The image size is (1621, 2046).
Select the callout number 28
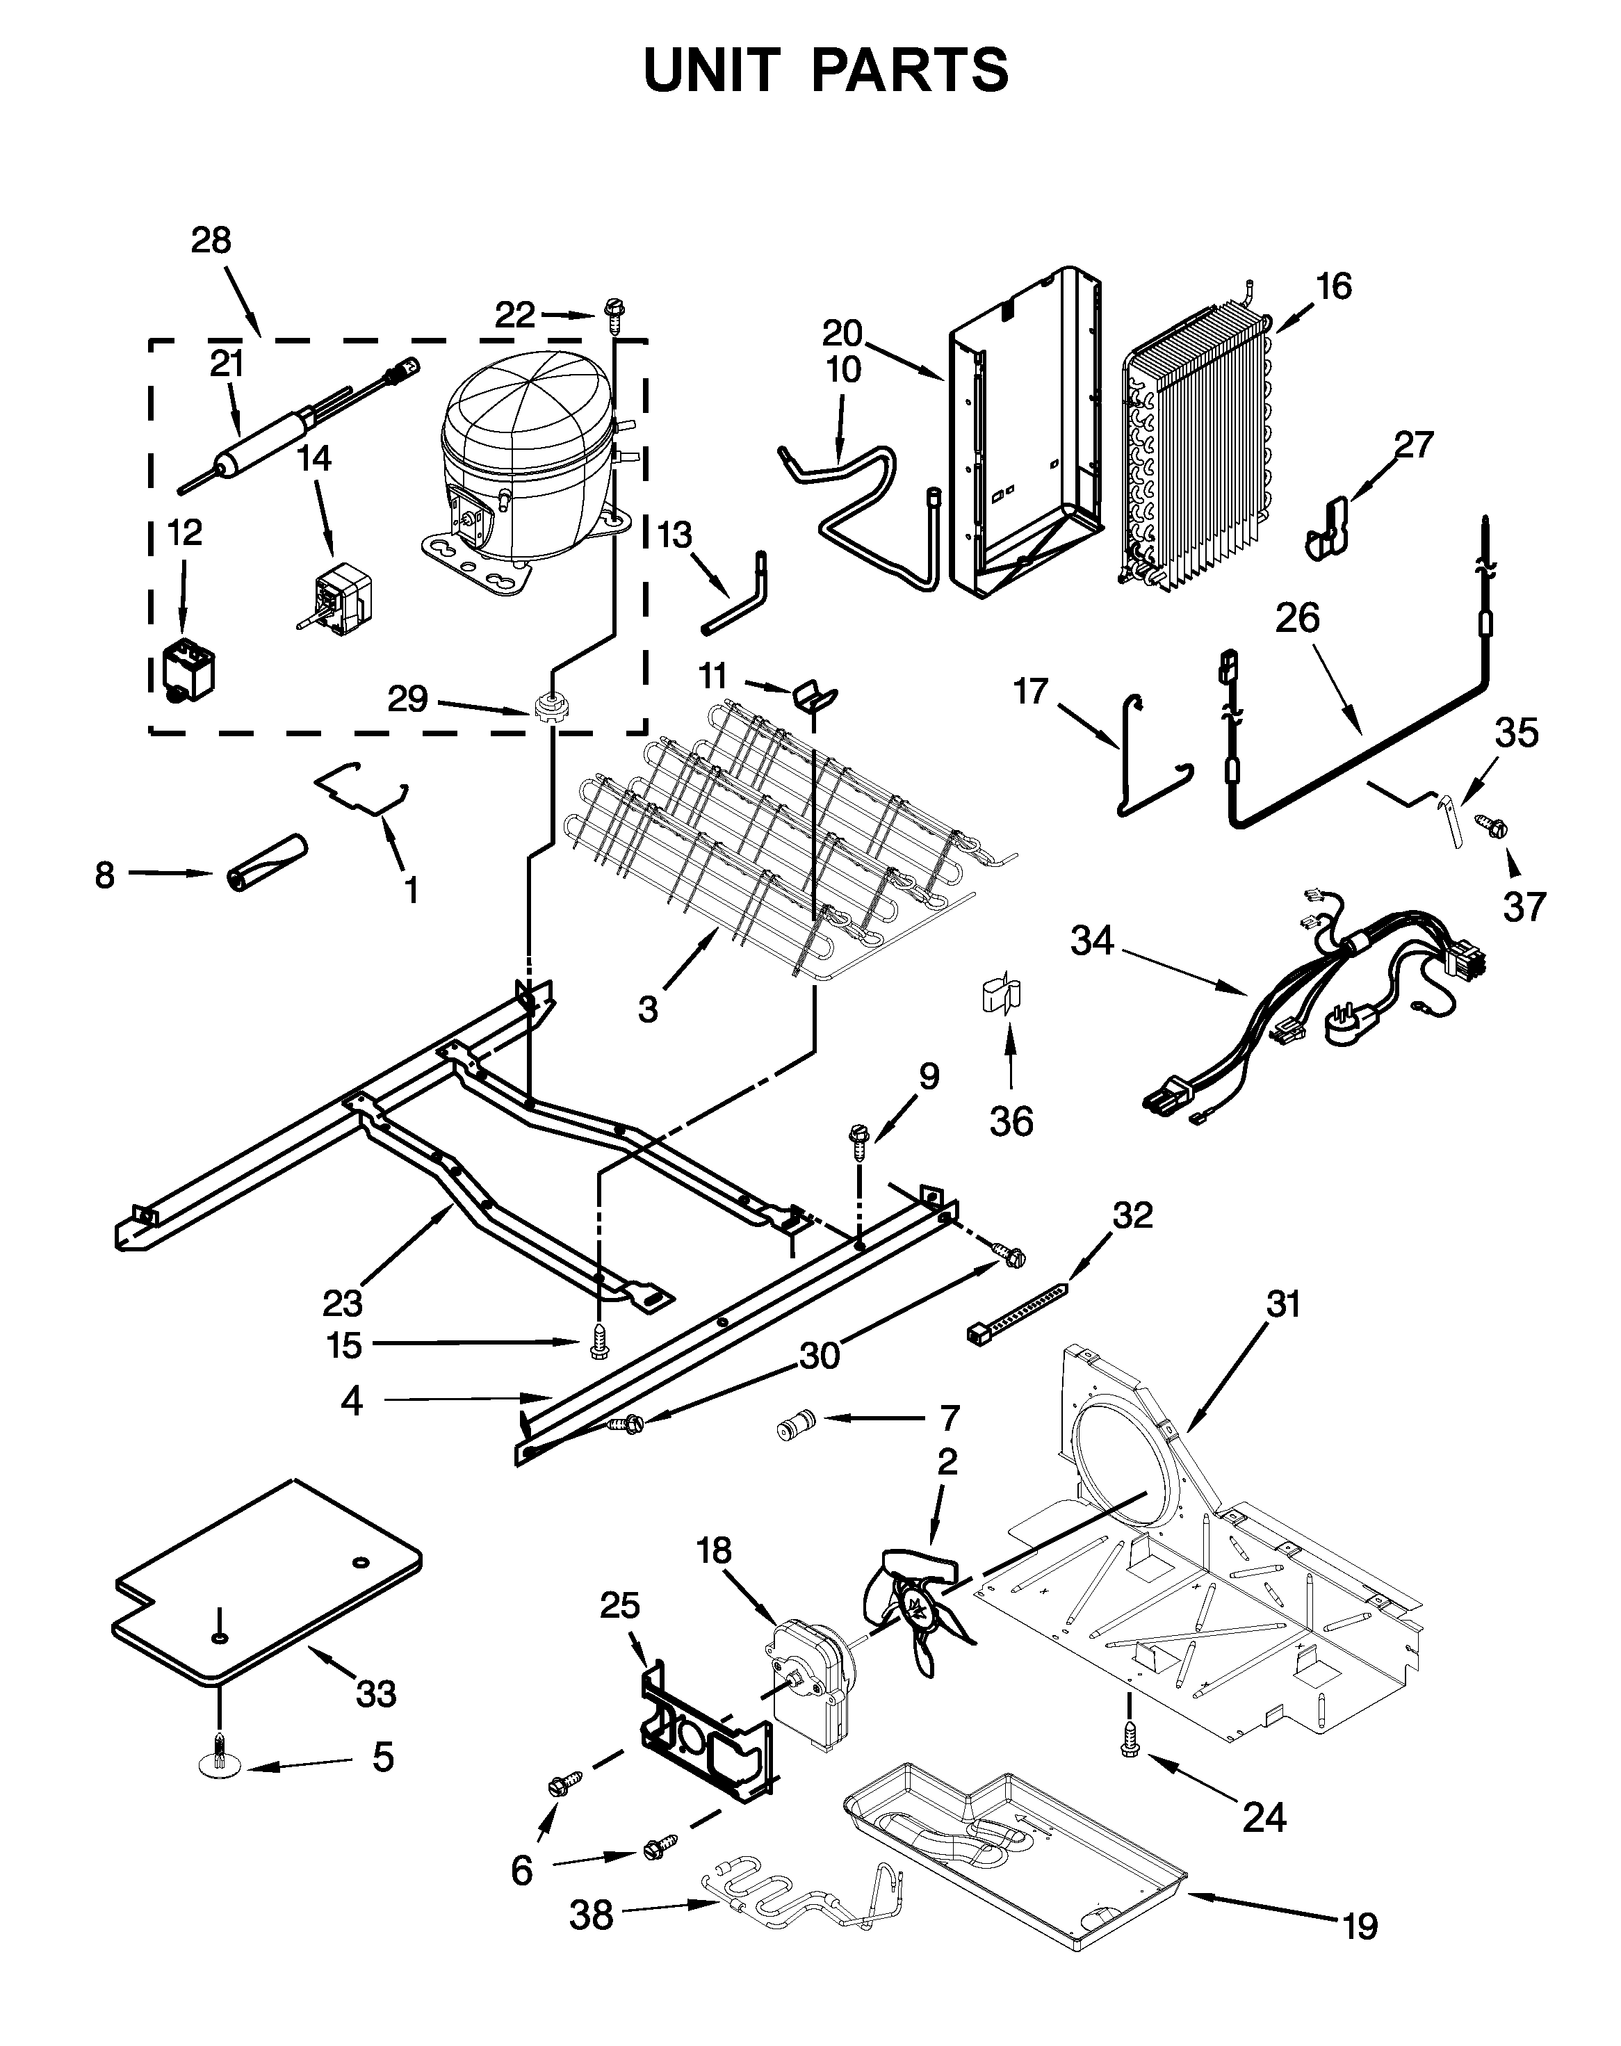point(211,241)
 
